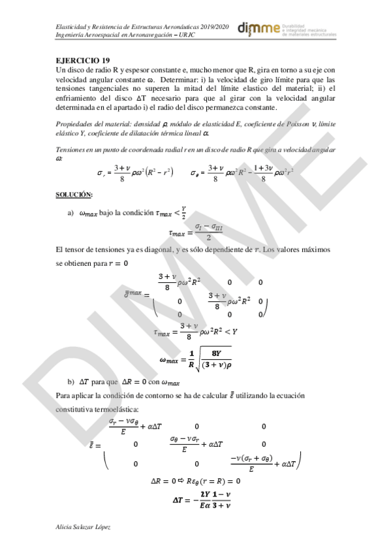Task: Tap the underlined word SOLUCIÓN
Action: pos(74,194)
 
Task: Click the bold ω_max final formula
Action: pos(196,360)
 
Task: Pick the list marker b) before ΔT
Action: pos(70,382)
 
